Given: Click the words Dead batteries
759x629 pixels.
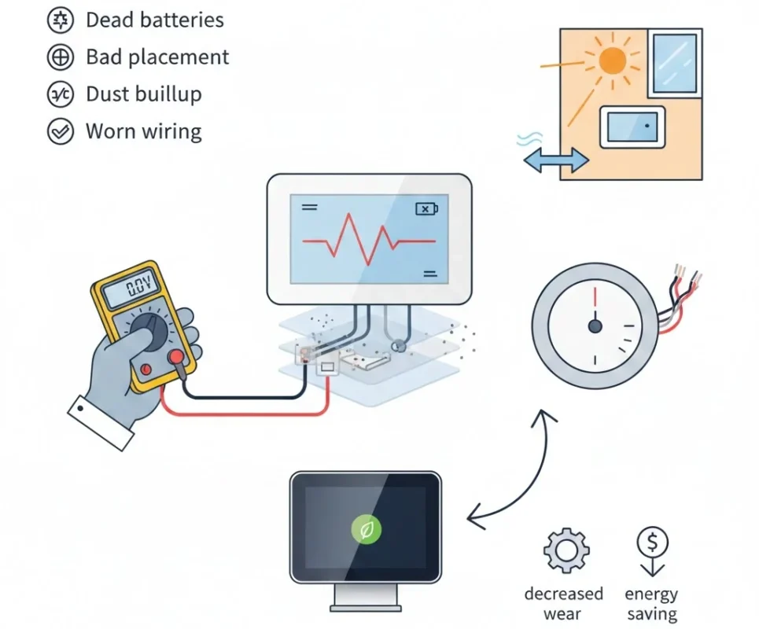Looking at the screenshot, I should click(x=154, y=20).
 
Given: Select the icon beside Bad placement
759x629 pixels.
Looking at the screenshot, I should click(x=60, y=57).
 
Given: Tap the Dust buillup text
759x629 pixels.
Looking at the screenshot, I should click(x=143, y=94).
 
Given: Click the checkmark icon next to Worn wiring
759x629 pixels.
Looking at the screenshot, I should click(x=60, y=131).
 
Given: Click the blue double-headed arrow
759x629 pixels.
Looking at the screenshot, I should click(x=555, y=161).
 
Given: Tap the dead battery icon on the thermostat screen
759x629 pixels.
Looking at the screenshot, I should click(x=426, y=208).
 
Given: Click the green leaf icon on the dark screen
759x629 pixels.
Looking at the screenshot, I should click(x=366, y=531).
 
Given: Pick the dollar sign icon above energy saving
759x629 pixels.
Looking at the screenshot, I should click(x=652, y=543).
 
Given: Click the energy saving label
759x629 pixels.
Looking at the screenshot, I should click(x=651, y=604).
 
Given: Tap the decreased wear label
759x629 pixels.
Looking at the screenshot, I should click(x=563, y=604).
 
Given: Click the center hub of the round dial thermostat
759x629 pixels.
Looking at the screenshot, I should click(x=595, y=325).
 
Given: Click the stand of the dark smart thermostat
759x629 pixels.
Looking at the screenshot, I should click(x=366, y=598).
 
